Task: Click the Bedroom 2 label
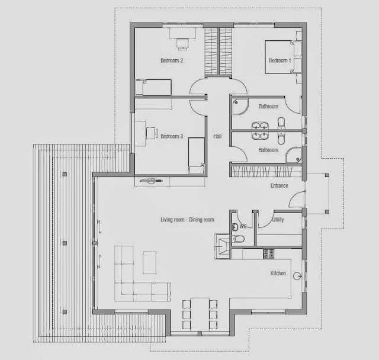172,60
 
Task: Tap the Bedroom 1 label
280,60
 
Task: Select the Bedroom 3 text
172,136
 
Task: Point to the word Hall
217,136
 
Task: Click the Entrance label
279,185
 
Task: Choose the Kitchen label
278,273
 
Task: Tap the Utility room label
278,220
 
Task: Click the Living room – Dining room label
187,220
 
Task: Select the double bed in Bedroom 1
283,57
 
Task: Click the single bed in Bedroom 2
153,87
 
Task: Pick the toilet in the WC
238,239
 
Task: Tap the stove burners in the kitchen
268,253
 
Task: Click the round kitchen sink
297,276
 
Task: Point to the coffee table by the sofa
149,263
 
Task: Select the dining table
200,314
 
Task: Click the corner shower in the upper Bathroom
240,107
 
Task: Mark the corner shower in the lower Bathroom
294,155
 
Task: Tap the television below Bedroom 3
151,180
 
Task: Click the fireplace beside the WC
223,246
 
